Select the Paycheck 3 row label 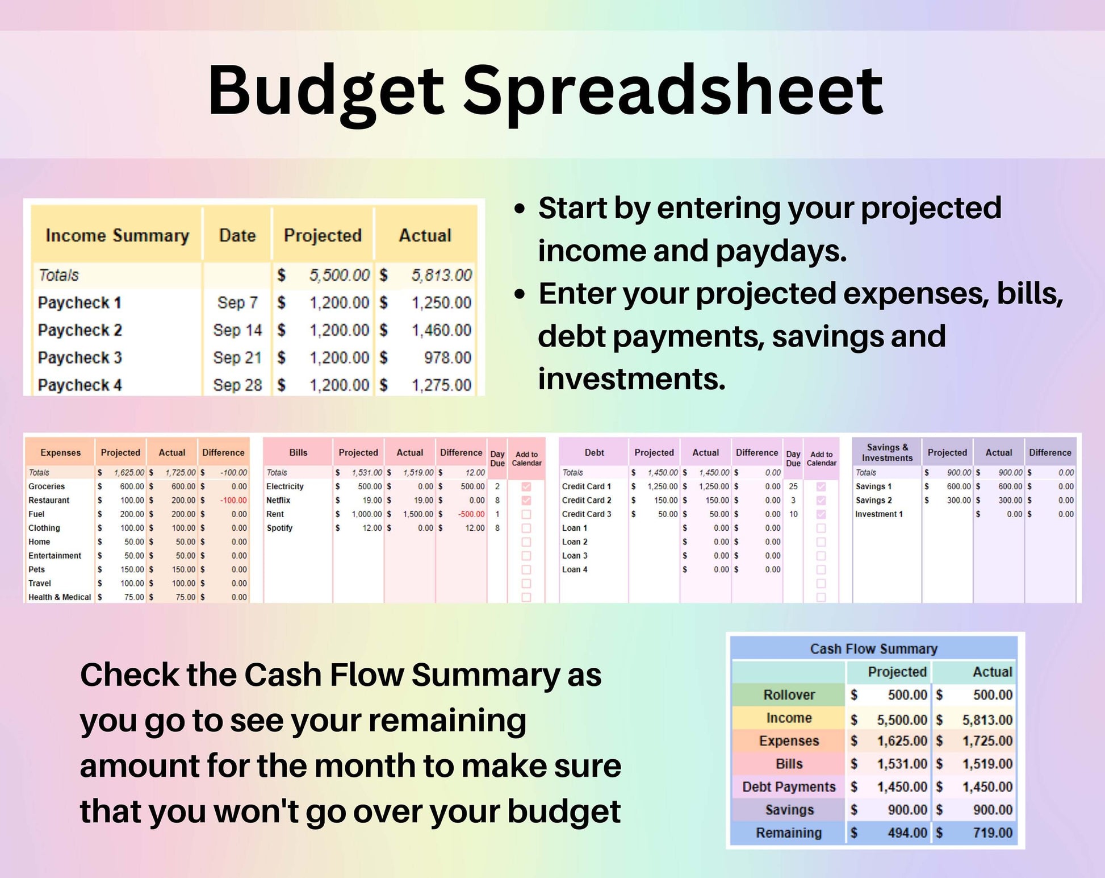(79, 357)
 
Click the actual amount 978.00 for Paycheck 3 (447, 357)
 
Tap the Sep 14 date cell (237, 330)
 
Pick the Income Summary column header (117, 235)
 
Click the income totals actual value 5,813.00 (441, 276)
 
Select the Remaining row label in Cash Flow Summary (788, 833)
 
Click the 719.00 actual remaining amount (992, 833)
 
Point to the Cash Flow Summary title (873, 648)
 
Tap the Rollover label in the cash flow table (789, 694)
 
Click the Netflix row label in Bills (278, 500)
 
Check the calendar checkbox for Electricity (526, 486)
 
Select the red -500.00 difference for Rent (471, 514)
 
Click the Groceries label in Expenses (47, 486)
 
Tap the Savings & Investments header (887, 452)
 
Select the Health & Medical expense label (60, 597)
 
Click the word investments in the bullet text (631, 379)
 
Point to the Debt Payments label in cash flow (789, 787)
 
